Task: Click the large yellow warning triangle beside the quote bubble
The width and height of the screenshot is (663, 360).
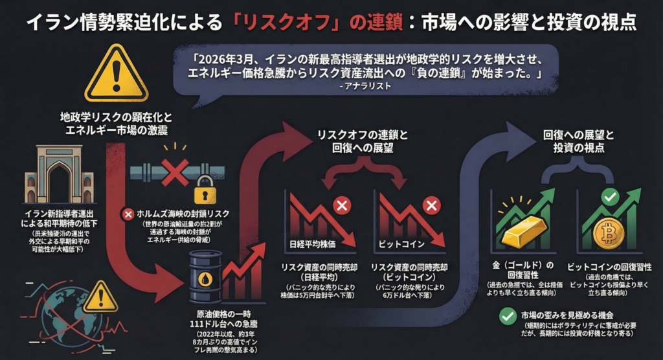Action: point(117,74)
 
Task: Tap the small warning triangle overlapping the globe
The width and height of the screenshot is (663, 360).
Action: point(100,297)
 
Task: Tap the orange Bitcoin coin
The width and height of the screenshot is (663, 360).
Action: point(608,232)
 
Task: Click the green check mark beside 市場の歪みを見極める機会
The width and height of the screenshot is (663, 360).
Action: point(508,317)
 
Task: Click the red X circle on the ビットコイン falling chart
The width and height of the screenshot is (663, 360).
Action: point(430,207)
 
